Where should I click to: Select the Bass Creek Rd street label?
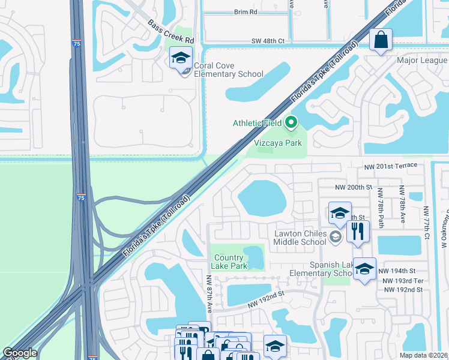pos(172,31)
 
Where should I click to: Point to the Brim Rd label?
pos(246,12)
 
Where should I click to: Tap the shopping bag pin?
pos(381,40)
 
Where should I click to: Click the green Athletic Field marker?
pos(291,123)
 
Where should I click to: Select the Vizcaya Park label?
pos(277,143)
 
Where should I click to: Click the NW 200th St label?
pos(357,187)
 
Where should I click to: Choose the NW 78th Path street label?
pos(381,205)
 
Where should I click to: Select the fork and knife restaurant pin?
pos(358,231)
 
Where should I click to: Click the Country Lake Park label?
pos(231,262)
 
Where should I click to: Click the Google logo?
pos(20,353)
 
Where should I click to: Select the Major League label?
pos(422,60)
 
